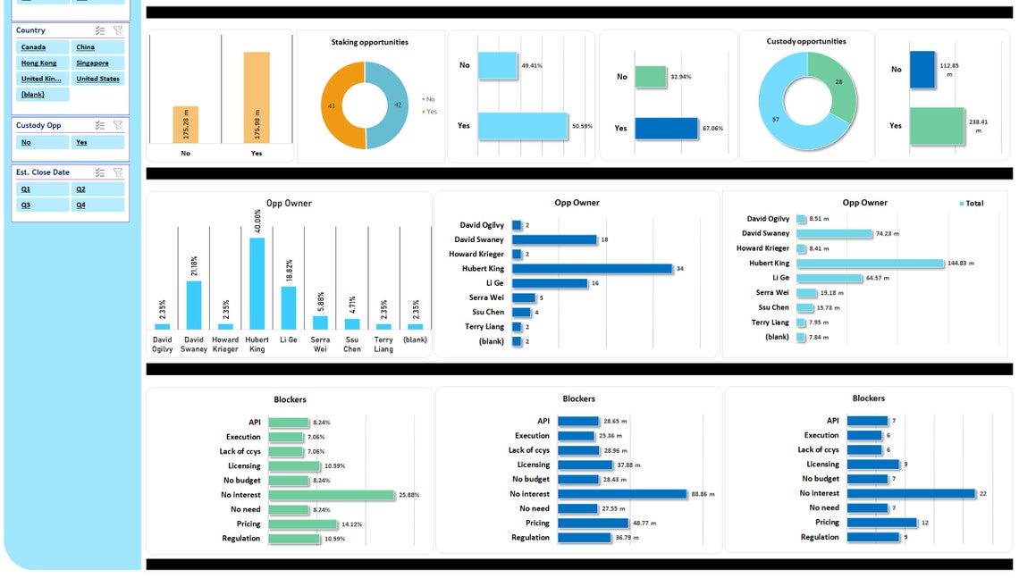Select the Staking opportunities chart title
click(x=369, y=42)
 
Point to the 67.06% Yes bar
click(x=667, y=128)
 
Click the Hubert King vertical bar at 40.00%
click(x=257, y=283)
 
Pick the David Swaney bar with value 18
click(x=554, y=239)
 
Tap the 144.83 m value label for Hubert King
click(x=961, y=264)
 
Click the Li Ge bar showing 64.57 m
click(x=829, y=278)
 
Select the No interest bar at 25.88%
click(x=331, y=495)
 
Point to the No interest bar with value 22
click(x=911, y=493)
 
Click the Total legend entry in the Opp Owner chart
click(x=971, y=204)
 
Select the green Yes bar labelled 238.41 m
click(x=938, y=126)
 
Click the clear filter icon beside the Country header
click(x=118, y=30)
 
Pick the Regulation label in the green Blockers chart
click(x=241, y=539)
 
